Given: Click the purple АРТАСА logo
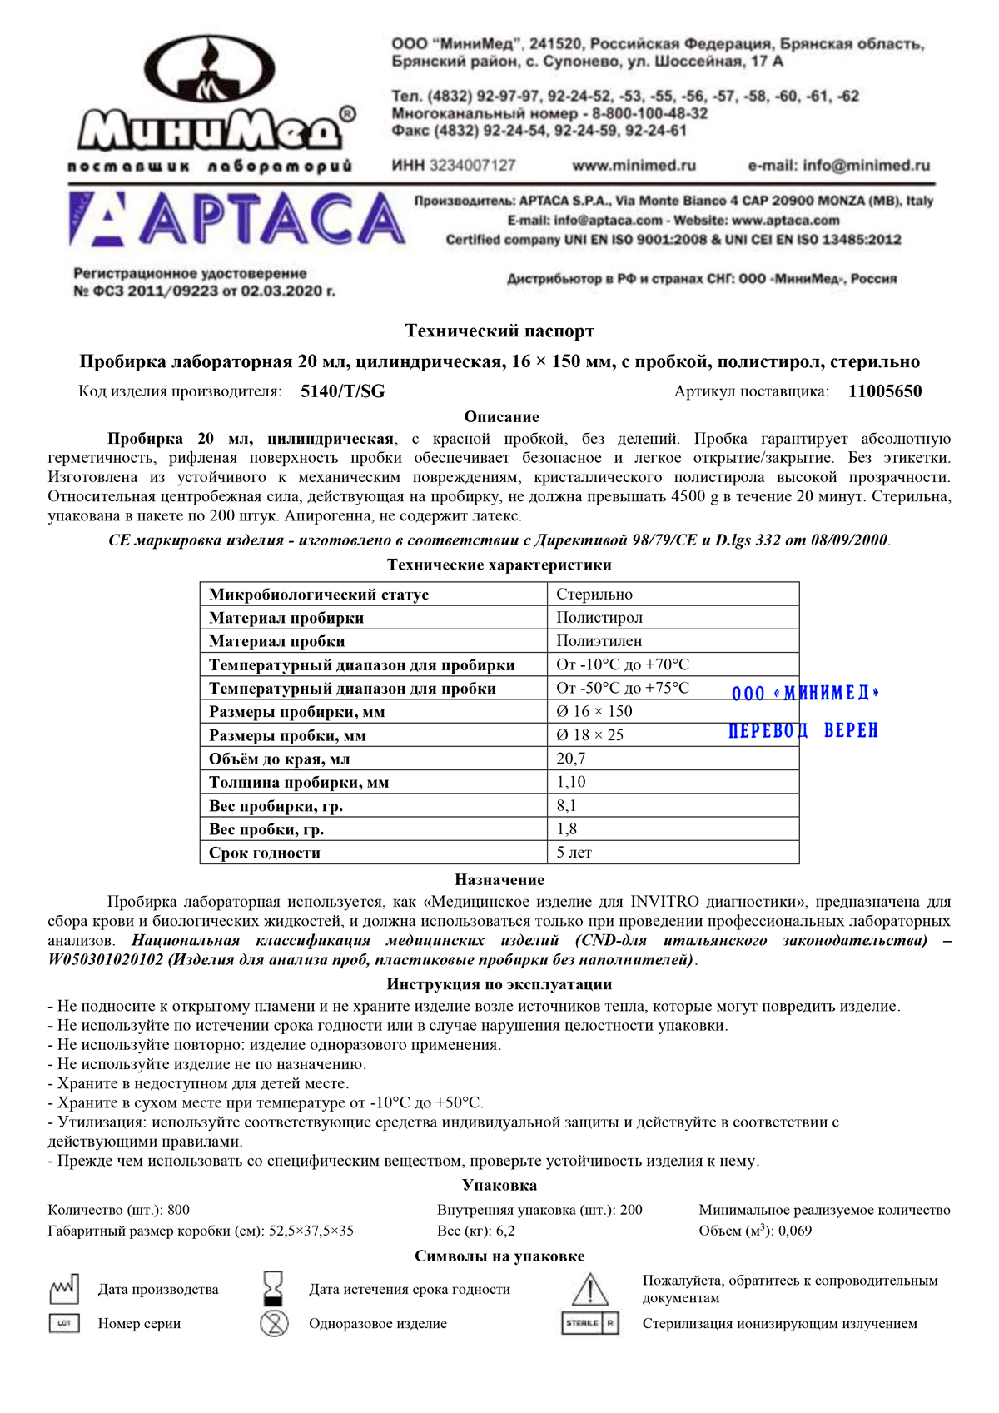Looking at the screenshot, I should (x=237, y=220).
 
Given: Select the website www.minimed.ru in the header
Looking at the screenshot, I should (x=634, y=166).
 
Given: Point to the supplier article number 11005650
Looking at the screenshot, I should (x=885, y=391).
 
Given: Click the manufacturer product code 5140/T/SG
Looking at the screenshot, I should (x=343, y=391).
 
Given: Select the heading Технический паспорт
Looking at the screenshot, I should (x=499, y=331).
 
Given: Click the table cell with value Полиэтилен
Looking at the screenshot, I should (x=599, y=641).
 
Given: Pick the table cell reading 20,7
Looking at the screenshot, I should (x=571, y=759).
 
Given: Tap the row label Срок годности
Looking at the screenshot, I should (x=265, y=853).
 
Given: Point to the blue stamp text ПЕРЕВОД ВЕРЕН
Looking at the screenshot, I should (x=803, y=731).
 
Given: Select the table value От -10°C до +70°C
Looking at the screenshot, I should (x=623, y=664).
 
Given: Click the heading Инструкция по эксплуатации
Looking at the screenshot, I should (x=499, y=984).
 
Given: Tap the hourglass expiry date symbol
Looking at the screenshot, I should (x=273, y=1288).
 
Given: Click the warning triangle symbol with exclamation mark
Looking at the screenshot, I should (x=589, y=1290).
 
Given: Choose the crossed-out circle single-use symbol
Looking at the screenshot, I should (x=274, y=1323).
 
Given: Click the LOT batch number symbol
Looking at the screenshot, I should (x=64, y=1323).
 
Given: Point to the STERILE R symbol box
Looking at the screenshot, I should (x=590, y=1323).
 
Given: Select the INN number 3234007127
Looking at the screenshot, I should (x=472, y=166).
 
